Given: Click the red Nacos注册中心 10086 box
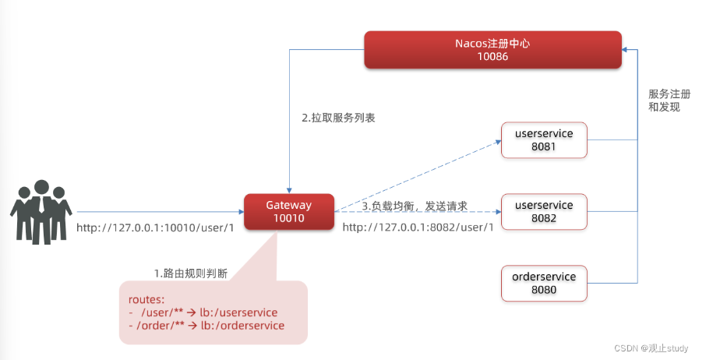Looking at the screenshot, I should click(492, 50).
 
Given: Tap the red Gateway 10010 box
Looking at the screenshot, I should click(288, 212).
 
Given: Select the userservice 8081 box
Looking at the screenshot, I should click(543, 140).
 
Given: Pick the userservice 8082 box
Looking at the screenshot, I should click(543, 212).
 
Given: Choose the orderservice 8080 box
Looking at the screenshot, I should click(543, 284).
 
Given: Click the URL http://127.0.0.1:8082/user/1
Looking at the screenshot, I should click(418, 228).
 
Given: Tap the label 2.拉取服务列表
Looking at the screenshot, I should click(333, 119).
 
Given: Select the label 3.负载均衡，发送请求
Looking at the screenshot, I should click(415, 206).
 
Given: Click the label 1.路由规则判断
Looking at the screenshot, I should click(191, 273).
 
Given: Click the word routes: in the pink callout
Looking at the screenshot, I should click(146, 298).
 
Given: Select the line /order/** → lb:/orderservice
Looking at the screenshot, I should click(207, 326).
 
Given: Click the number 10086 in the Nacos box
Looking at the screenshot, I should click(492, 57).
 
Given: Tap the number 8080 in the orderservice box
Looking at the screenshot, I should click(543, 291).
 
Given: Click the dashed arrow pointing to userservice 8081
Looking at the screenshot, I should click(417, 176).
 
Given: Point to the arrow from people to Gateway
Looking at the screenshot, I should click(160, 211).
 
